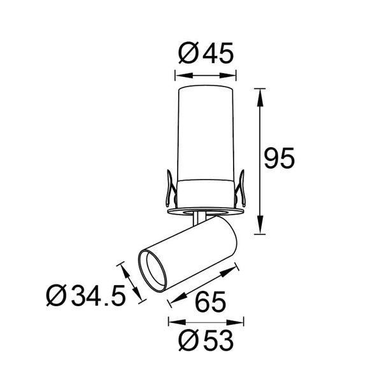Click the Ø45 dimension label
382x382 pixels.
pos(206,53)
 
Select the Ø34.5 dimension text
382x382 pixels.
pos(85,296)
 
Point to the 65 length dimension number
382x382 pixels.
pos(209,300)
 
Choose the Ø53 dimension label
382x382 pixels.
pos(206,342)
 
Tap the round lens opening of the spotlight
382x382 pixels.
pos(153,271)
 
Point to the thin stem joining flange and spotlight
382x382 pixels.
pos(201,218)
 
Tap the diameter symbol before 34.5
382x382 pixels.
pos(57,296)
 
